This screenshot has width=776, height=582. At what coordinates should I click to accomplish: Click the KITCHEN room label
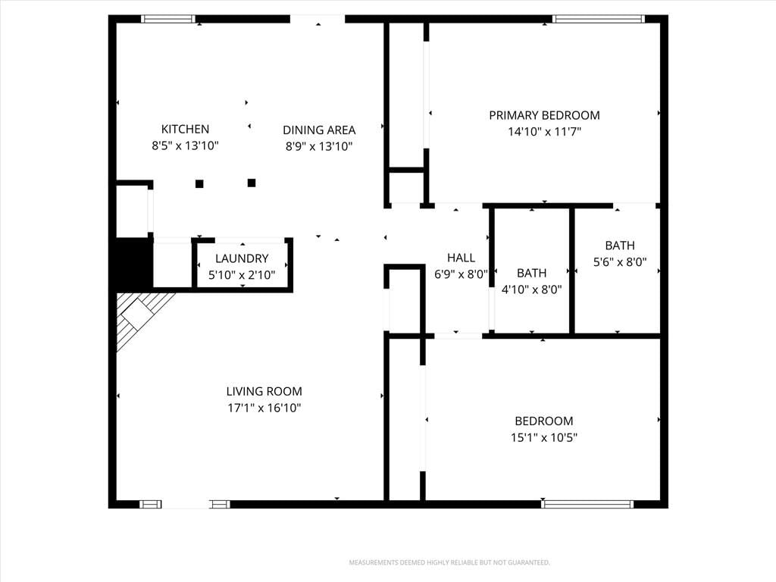pyautogui.click(x=185, y=129)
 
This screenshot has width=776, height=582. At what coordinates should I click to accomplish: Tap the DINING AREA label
pyautogui.click(x=319, y=130)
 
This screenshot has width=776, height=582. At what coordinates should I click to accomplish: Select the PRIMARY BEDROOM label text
pyautogui.click(x=544, y=115)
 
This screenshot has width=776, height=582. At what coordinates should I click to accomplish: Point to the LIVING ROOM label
pyautogui.click(x=264, y=392)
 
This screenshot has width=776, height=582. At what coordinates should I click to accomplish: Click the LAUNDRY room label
pyautogui.click(x=242, y=258)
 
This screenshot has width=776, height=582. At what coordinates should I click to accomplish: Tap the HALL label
pyautogui.click(x=462, y=258)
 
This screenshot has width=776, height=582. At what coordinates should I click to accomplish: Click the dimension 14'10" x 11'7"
pyautogui.click(x=544, y=132)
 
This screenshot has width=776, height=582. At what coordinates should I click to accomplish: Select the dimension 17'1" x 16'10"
pyautogui.click(x=264, y=408)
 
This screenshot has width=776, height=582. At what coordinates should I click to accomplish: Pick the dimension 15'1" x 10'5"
pyautogui.click(x=544, y=437)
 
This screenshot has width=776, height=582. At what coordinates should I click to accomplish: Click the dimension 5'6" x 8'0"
pyautogui.click(x=620, y=261)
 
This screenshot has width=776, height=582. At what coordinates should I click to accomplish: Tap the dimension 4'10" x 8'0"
pyautogui.click(x=532, y=289)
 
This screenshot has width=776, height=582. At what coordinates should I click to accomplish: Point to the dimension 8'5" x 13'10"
pyautogui.click(x=185, y=145)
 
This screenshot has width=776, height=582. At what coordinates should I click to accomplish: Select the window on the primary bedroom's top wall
pyautogui.click(x=599, y=19)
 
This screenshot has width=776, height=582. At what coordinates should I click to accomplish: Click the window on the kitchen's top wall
pyautogui.click(x=168, y=19)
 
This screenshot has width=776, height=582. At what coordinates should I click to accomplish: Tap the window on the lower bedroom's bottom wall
pyautogui.click(x=587, y=504)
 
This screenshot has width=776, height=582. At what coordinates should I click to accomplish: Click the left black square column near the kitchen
pyautogui.click(x=199, y=183)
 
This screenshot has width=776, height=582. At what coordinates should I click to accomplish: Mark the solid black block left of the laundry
pyautogui.click(x=133, y=263)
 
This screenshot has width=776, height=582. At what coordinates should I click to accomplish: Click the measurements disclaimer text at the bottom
pyautogui.click(x=449, y=563)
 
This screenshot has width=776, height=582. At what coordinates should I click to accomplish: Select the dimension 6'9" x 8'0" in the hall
pyautogui.click(x=462, y=274)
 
